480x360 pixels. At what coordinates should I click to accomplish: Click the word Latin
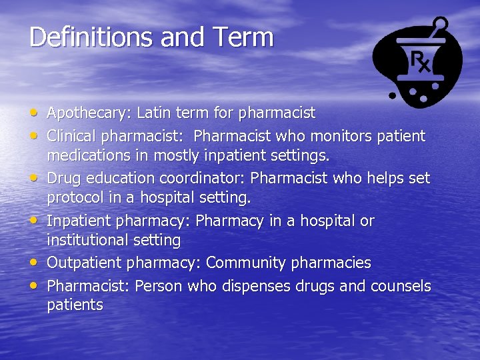[156, 113]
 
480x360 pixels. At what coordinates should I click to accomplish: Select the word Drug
[63, 179]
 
